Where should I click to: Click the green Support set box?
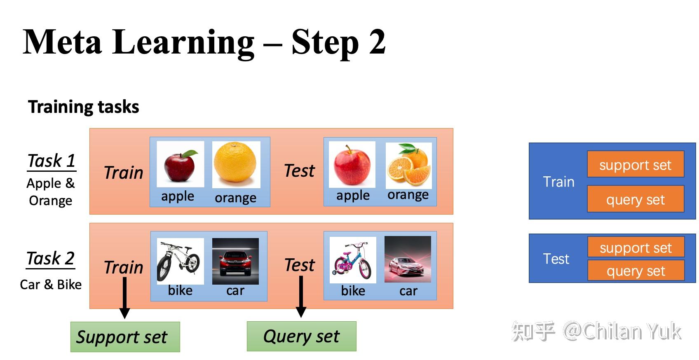tap(125, 337)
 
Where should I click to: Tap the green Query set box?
tap(301, 336)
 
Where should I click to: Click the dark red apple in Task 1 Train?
tap(180, 164)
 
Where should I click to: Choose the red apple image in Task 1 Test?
tap(352, 165)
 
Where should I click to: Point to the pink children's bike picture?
tap(353, 260)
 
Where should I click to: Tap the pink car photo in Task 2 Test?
tap(408, 259)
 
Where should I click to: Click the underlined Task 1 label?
tap(52, 161)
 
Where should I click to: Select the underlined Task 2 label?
tap(51, 259)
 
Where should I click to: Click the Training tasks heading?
tap(84, 107)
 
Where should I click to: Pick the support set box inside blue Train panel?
tap(635, 165)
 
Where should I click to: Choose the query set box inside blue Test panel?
tap(636, 271)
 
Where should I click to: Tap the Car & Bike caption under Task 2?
tap(51, 285)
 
